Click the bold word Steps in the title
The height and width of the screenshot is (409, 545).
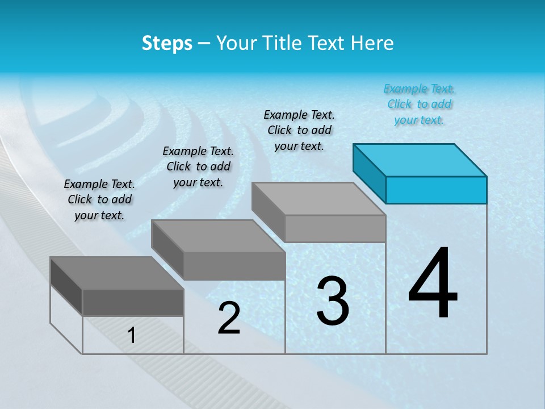tap(167, 43)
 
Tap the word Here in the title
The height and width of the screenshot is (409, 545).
tap(372, 43)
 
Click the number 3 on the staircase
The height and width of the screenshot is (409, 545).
tap(333, 301)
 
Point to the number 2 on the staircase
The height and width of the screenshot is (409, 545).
tap(229, 319)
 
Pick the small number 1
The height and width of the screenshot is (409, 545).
tap(132, 336)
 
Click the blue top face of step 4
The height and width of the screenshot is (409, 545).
tap(420, 160)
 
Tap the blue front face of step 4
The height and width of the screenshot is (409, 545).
tap(436, 190)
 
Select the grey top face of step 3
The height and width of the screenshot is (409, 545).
tap(318, 198)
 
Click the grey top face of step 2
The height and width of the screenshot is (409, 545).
tap(217, 236)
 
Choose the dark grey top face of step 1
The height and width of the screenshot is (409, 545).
tap(116, 273)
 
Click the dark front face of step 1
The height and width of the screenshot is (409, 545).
tap(133, 302)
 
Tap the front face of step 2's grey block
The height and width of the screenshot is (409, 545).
tap(234, 266)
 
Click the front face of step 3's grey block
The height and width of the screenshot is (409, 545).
tap(335, 228)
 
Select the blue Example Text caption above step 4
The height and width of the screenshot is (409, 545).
tap(419, 104)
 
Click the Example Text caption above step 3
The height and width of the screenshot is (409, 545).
tap(299, 130)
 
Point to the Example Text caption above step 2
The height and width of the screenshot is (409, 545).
tap(198, 166)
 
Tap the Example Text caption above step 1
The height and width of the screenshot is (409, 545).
tap(99, 199)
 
